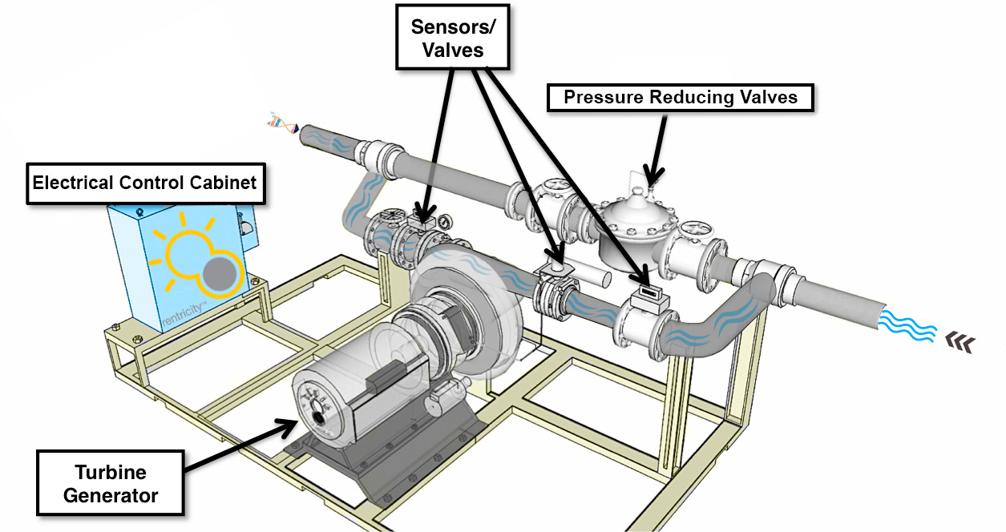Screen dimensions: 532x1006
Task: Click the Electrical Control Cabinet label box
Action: [144, 183]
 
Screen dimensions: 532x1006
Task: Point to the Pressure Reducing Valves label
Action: [680, 98]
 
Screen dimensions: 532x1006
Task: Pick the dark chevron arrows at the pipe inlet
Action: [959, 342]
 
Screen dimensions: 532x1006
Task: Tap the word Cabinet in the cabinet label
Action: [221, 183]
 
